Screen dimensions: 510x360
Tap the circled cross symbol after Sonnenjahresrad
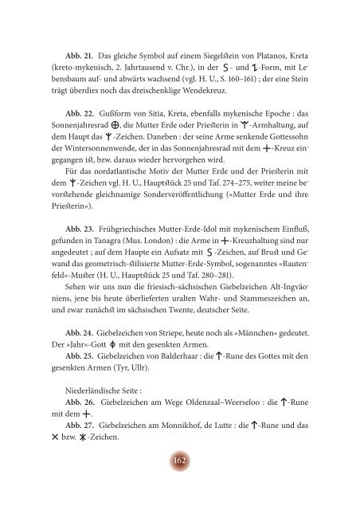(x=121, y=127)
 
